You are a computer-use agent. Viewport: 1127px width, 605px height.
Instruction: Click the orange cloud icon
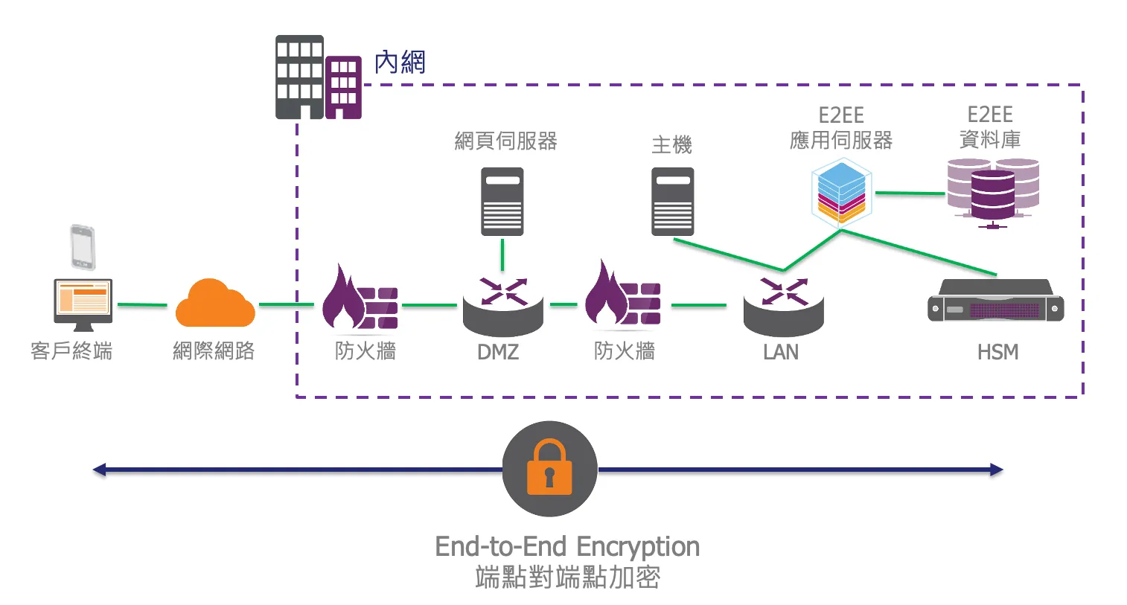point(215,304)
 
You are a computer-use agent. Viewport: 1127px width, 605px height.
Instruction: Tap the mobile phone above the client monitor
point(83,246)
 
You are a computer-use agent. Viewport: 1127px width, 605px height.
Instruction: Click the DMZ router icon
point(502,304)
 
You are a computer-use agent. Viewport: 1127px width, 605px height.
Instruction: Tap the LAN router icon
point(783,304)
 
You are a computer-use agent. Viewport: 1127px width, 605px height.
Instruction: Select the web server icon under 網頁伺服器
point(502,201)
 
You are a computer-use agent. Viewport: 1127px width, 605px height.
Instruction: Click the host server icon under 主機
point(672,201)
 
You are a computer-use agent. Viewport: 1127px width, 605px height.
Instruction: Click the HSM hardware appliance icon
point(995,301)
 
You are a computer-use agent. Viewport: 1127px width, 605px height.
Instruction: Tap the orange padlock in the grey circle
point(549,469)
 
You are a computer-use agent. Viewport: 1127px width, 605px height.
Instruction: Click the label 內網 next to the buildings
point(400,63)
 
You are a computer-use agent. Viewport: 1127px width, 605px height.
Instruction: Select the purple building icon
point(343,87)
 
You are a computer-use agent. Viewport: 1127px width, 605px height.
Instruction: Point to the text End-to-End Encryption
point(567,546)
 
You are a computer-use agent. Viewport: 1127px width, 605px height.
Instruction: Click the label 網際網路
point(214,350)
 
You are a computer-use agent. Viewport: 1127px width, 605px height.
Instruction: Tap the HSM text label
point(997,352)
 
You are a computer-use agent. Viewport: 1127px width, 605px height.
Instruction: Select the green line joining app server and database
point(909,193)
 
